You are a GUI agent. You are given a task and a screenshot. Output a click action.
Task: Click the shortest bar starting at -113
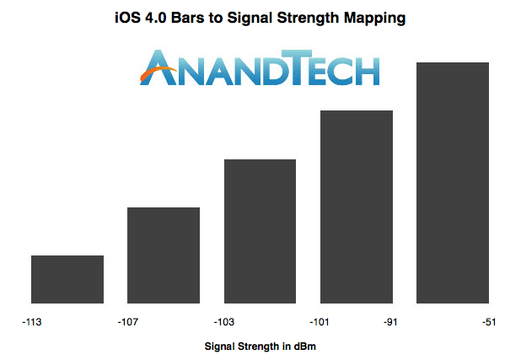[67, 279]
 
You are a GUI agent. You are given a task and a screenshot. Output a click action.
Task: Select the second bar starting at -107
[164, 255]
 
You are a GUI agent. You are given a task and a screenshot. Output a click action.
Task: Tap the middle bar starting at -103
[260, 231]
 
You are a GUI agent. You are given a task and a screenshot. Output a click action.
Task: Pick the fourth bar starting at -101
[357, 207]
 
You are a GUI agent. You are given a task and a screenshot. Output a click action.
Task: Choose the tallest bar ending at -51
[453, 182]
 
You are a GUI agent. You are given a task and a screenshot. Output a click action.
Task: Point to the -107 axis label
[128, 321]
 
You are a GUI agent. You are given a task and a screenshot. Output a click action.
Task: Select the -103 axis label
[224, 321]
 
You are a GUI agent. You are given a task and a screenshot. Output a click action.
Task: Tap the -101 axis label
[321, 321]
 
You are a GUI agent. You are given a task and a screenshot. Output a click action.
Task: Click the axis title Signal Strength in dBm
[260, 346]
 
